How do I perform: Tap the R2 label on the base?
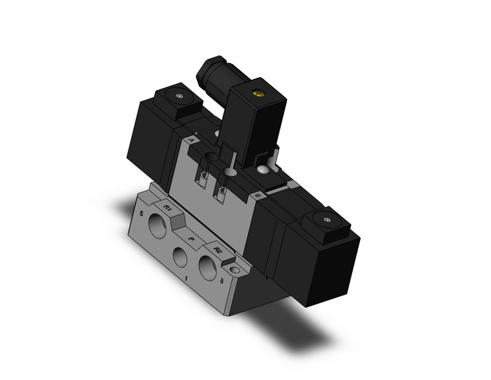click(x=218, y=249)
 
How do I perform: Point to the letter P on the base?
click(x=191, y=238)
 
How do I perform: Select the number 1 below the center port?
click(x=187, y=279)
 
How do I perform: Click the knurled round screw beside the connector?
click(x=264, y=170)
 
